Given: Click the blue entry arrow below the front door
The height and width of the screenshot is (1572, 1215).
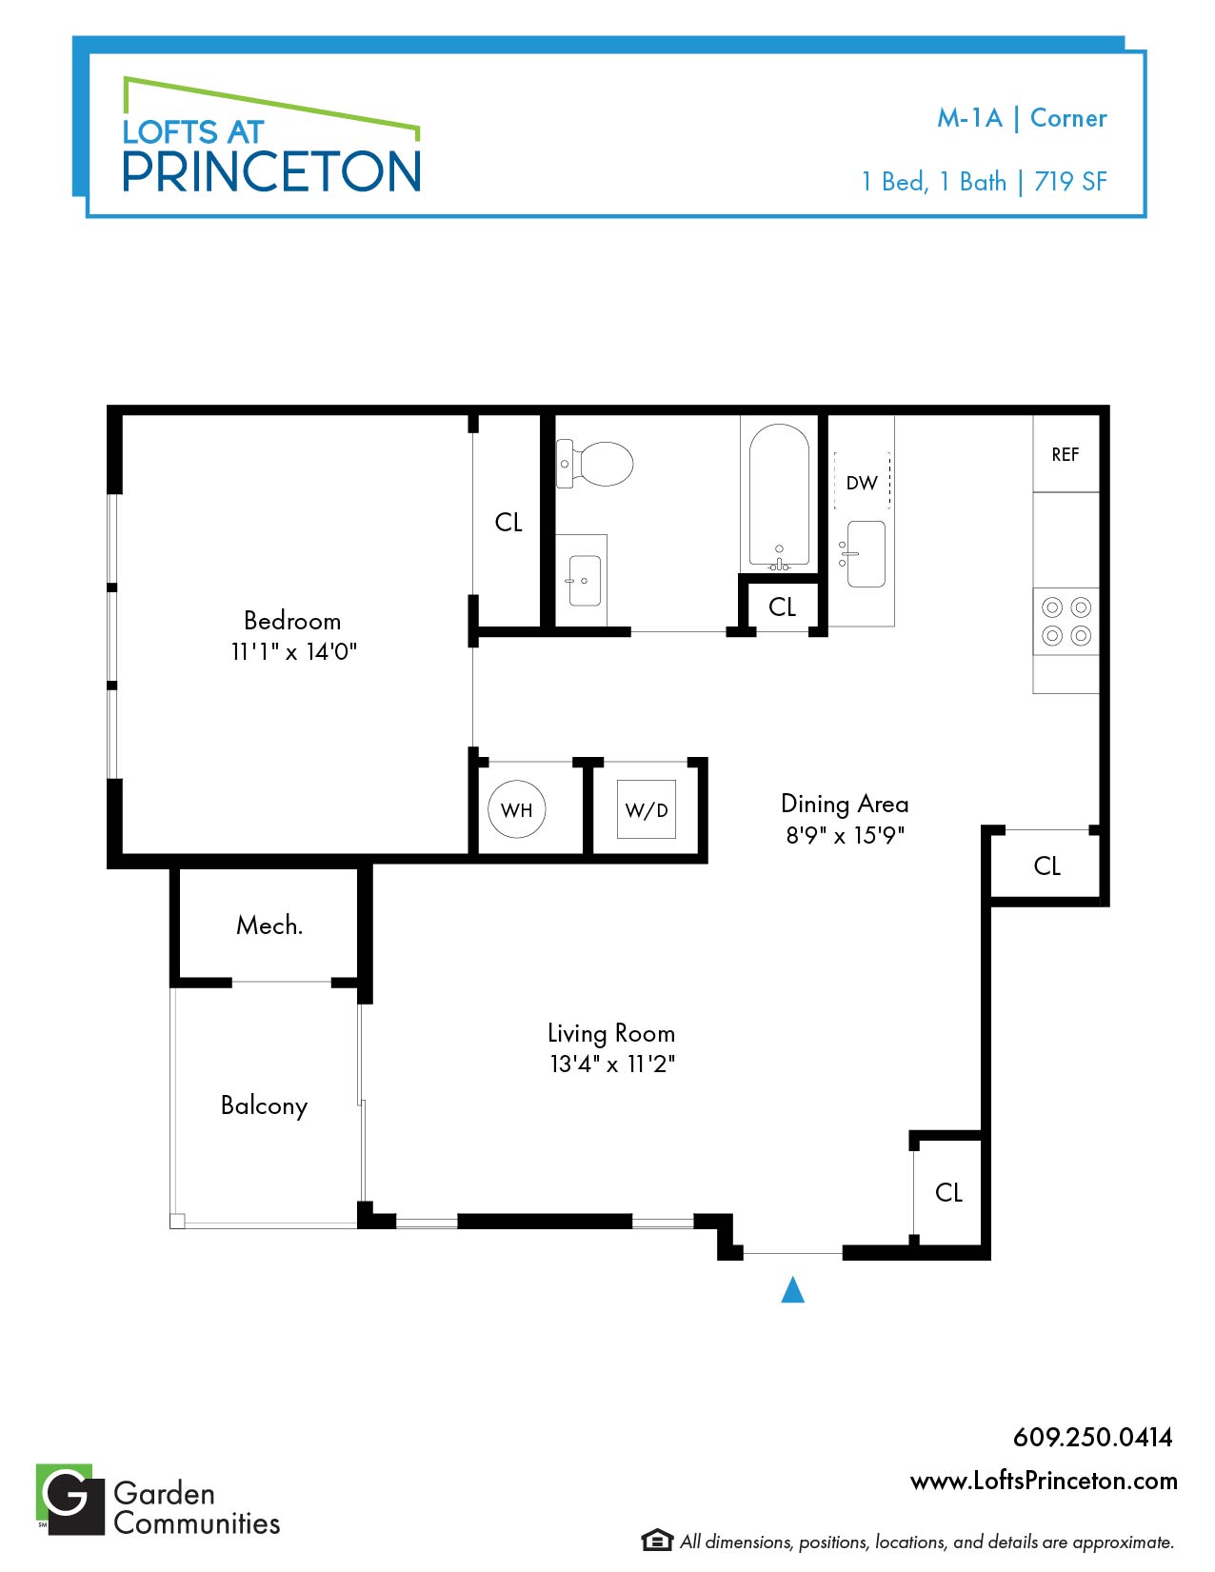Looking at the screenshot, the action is [x=792, y=1289].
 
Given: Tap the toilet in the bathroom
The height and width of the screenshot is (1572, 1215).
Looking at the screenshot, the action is [x=594, y=463].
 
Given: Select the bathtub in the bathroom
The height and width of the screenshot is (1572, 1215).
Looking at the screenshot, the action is [x=779, y=496].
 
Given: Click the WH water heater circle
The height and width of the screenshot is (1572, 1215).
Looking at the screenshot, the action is [x=516, y=808].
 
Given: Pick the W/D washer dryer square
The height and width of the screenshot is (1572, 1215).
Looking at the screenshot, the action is [x=646, y=808].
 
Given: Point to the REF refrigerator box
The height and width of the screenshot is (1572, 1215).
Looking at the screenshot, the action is [x=1066, y=453].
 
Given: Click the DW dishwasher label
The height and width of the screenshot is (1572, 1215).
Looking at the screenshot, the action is [x=862, y=483].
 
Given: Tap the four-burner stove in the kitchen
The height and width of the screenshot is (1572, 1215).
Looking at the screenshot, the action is [x=1066, y=622].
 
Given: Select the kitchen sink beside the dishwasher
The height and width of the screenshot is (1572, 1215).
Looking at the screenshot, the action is [x=865, y=554].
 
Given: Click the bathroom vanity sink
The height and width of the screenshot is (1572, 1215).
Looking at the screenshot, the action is [x=585, y=580].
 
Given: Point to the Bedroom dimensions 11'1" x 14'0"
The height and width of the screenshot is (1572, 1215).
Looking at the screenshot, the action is [x=293, y=652].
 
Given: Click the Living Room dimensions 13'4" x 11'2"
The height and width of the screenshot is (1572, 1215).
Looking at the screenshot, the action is [x=612, y=1064].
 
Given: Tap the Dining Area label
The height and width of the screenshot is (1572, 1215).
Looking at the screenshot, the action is [x=845, y=804].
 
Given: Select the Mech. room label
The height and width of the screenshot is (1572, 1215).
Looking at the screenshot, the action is [x=269, y=925].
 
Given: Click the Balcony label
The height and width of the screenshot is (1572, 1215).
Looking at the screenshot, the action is [x=264, y=1106].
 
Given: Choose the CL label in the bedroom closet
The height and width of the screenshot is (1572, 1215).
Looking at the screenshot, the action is [x=508, y=522].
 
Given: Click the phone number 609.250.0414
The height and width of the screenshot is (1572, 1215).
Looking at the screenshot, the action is [x=1092, y=1437].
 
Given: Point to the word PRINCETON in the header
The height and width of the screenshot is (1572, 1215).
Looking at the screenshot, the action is [x=271, y=171].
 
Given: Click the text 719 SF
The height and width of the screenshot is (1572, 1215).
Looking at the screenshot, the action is [x=1070, y=181].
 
